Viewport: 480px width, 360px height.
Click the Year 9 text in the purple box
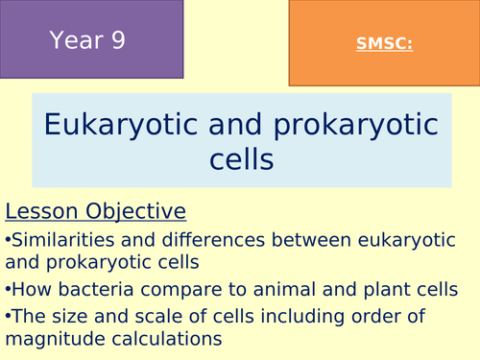87,40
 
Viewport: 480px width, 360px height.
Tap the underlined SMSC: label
383,43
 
